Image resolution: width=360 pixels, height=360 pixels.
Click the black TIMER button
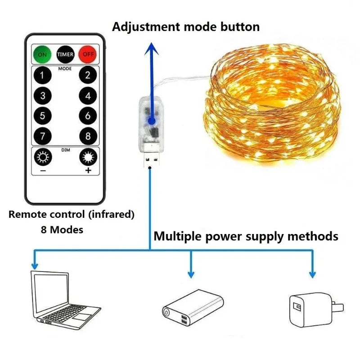point(65,54)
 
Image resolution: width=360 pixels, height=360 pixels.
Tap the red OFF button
point(87,54)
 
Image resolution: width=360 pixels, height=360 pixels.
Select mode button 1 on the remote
point(43,75)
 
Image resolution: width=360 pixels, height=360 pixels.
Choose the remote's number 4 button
point(88,96)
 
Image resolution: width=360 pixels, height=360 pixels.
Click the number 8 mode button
point(88,136)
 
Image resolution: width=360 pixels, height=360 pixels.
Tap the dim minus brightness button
point(43,157)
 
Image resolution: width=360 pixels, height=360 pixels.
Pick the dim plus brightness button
point(88,157)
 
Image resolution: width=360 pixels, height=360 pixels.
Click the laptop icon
point(65,297)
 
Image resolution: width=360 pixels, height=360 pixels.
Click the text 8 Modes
point(62,229)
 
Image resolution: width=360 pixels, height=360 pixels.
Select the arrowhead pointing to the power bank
point(191,274)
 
